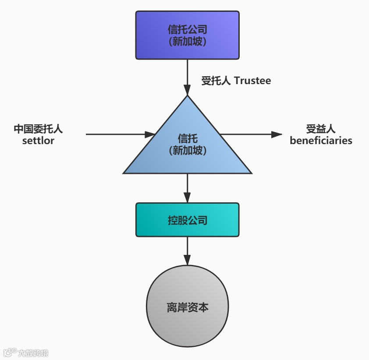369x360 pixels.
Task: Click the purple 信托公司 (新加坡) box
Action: pos(187,35)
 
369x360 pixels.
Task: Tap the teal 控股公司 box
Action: pos(187,220)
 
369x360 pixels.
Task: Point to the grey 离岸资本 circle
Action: pos(187,307)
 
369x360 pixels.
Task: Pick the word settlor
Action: pos(38,141)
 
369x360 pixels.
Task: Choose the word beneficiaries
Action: pos(321,141)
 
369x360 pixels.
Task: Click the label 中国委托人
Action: pos(38,129)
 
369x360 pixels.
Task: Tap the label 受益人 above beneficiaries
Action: pos(321,129)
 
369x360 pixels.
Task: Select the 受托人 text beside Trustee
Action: pos(216,81)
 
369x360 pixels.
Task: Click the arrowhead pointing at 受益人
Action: pos(277,134)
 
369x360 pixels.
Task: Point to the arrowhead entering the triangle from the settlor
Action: pos(151,134)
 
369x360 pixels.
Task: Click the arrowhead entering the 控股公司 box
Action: pos(188,198)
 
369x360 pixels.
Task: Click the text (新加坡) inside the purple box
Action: pos(187,42)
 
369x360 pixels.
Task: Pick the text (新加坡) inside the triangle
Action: pos(187,150)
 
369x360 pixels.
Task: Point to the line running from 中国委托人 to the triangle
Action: pos(114,134)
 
